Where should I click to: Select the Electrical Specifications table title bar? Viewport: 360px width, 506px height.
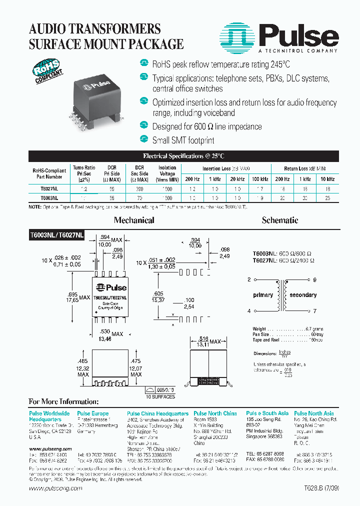(x=183, y=156)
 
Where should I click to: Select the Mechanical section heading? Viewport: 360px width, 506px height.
(x=133, y=220)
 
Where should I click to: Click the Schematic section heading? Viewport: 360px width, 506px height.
(x=279, y=220)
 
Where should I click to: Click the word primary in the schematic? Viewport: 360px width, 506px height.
(x=263, y=295)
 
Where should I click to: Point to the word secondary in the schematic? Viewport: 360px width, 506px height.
(x=303, y=295)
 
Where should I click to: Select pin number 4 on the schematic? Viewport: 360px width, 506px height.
(x=248, y=311)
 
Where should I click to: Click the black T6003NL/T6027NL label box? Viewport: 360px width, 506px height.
(x=56, y=234)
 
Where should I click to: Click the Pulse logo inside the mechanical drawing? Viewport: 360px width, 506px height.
(x=110, y=287)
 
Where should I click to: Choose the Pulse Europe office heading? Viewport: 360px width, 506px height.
(x=92, y=413)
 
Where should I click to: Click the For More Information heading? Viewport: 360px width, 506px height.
(x=63, y=401)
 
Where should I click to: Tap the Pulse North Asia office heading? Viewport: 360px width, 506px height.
(x=314, y=413)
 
